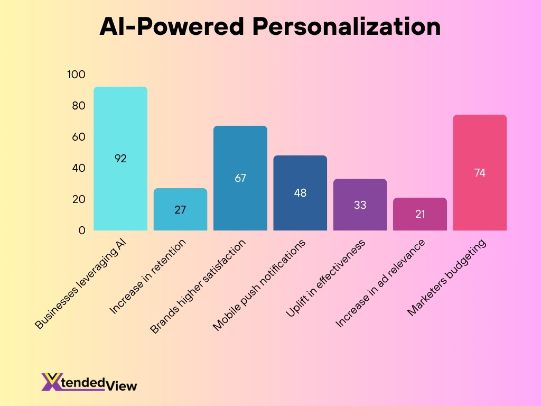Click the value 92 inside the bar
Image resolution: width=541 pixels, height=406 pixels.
pyautogui.click(x=120, y=158)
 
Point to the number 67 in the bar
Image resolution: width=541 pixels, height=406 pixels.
pyautogui.click(x=240, y=178)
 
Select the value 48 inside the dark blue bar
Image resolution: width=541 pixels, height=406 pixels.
pyautogui.click(x=300, y=193)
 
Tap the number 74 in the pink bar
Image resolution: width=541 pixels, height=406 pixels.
pyautogui.click(x=480, y=172)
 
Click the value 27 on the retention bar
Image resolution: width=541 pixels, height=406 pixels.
pyautogui.click(x=180, y=209)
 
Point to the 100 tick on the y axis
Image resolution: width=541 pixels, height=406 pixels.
pyautogui.click(x=76, y=75)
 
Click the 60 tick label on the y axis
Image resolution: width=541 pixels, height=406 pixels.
pyautogui.click(x=78, y=137)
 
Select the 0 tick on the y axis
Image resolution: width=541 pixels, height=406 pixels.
pyautogui.click(x=81, y=230)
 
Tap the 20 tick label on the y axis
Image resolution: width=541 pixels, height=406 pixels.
pyautogui.click(x=78, y=199)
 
